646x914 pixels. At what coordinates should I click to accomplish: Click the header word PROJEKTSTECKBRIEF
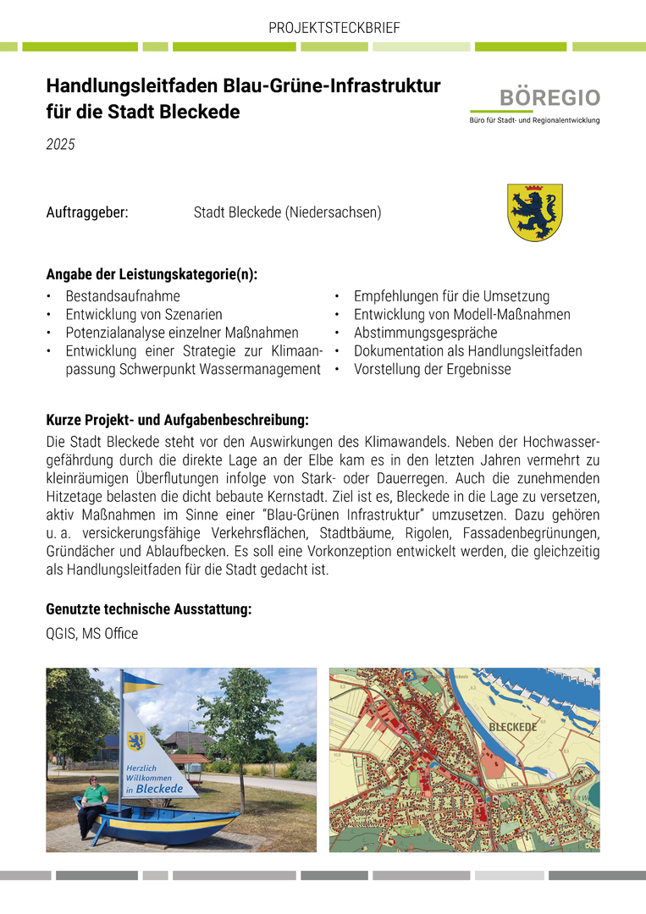[x=334, y=28]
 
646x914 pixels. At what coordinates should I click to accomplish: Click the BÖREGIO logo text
[x=549, y=97]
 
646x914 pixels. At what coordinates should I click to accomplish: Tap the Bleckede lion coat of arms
[x=534, y=212]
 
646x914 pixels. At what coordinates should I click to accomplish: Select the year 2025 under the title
[x=61, y=145]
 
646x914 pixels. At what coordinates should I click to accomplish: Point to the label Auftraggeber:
[x=87, y=212]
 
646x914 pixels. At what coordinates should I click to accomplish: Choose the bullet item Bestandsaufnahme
[x=123, y=296]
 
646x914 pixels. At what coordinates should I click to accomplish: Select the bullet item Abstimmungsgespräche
[x=425, y=333]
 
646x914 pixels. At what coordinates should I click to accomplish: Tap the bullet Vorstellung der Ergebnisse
[x=432, y=369]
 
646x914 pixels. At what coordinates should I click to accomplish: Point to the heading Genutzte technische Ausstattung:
[x=148, y=608]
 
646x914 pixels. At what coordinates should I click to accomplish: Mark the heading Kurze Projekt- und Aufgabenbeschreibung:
[x=177, y=419]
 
